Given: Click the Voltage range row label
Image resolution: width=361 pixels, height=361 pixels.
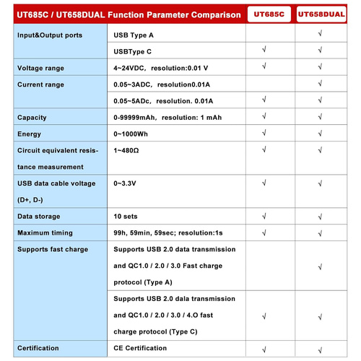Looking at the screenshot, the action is click(x=40, y=68).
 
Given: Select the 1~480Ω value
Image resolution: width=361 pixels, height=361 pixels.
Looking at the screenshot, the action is click(x=127, y=150).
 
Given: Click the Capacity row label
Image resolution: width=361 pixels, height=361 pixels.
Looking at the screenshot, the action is click(x=32, y=118).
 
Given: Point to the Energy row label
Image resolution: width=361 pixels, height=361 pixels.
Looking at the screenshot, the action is click(x=30, y=134).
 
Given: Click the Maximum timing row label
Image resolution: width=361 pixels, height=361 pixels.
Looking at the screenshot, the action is click(x=45, y=232).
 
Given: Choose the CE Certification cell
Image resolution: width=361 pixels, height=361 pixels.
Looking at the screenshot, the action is click(x=147, y=349).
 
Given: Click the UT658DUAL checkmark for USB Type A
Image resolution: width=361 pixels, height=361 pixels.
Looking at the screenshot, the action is click(x=318, y=33).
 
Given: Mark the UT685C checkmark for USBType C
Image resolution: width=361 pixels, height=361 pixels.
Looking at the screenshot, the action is click(x=266, y=50).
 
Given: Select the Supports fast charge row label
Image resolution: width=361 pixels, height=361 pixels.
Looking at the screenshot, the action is click(x=52, y=249).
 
